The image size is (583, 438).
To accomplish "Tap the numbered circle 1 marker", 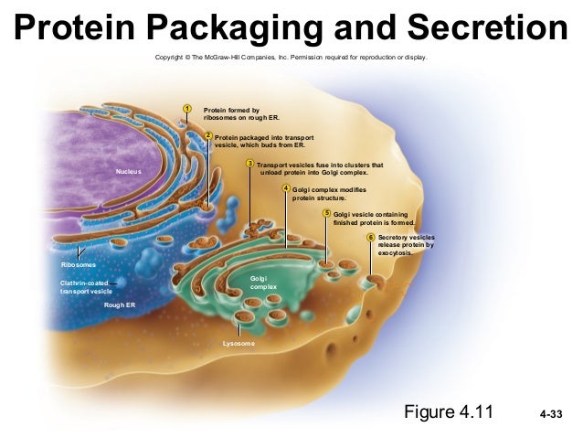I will (x=186, y=110).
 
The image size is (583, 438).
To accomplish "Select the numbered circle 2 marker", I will (x=208, y=136).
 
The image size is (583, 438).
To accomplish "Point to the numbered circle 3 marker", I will (x=250, y=165).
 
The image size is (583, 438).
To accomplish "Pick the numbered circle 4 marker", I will (x=286, y=188).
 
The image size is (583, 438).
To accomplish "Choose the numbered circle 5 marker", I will (x=327, y=213).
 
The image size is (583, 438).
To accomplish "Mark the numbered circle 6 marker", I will (x=371, y=237).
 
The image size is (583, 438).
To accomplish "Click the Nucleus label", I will (x=129, y=171).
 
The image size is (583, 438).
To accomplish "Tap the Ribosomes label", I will (x=79, y=264).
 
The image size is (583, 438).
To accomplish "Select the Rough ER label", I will (x=120, y=304).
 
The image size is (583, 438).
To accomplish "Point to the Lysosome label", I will (x=238, y=344).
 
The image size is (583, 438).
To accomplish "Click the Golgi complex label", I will (x=263, y=282).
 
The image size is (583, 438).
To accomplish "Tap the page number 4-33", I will (x=551, y=416).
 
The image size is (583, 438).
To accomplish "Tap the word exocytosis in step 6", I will (x=397, y=253).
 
